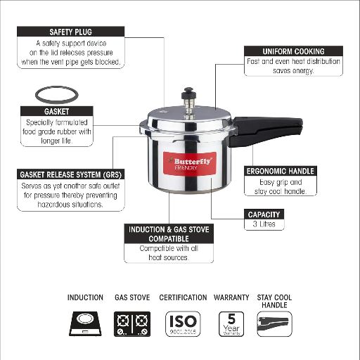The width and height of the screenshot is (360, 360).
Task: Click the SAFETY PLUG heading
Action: point(70,32)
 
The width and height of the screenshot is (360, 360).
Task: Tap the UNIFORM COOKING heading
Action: point(294,51)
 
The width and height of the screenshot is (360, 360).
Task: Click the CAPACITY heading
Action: point(264,214)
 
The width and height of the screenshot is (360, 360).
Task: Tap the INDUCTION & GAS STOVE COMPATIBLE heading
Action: point(169,234)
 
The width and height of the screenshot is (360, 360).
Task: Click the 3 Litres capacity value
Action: point(264,224)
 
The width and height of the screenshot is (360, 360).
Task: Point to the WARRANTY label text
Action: point(231,297)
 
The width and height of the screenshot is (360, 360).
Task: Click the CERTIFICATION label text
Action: point(183,297)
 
